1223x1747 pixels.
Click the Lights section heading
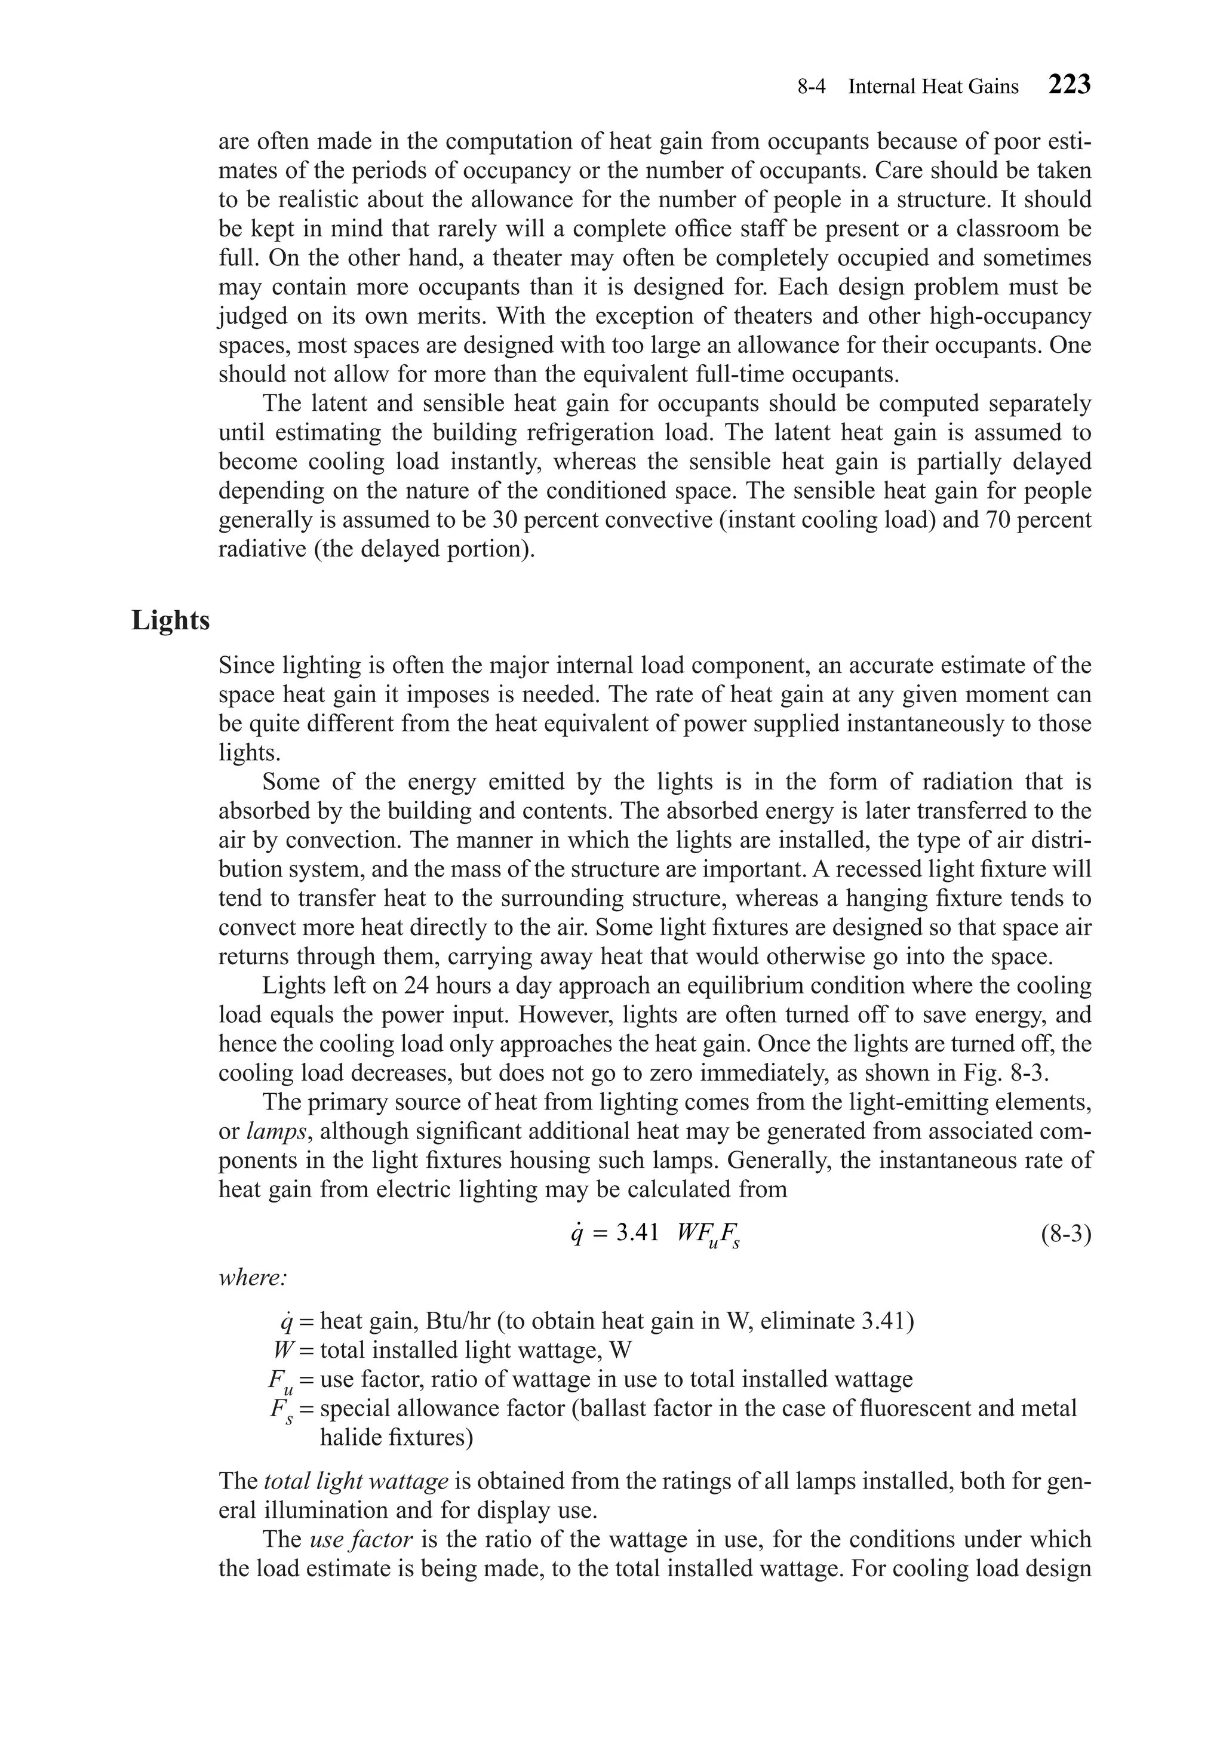coord(170,620)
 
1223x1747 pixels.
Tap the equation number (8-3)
coord(1065,1234)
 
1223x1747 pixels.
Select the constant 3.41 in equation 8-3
coord(637,1234)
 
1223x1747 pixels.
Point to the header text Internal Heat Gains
coord(933,87)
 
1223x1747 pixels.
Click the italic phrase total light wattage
coord(356,1481)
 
